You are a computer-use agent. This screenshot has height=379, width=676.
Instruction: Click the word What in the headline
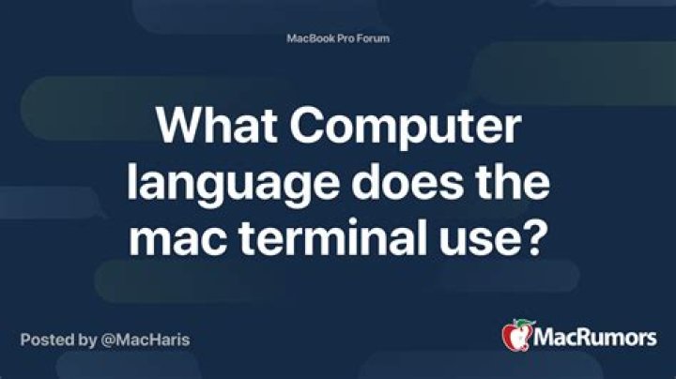point(217,126)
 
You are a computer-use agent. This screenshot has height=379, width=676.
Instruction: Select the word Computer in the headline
point(406,128)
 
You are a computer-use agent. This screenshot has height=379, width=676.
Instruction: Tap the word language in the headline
point(233,184)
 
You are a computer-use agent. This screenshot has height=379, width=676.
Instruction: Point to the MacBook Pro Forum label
point(338,38)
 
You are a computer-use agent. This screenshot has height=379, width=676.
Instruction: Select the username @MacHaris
point(146,340)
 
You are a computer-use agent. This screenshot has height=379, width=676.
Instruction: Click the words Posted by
point(58,341)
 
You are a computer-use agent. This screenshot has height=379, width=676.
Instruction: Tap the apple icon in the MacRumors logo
point(517,335)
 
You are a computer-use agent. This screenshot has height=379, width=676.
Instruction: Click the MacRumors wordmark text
point(595,337)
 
